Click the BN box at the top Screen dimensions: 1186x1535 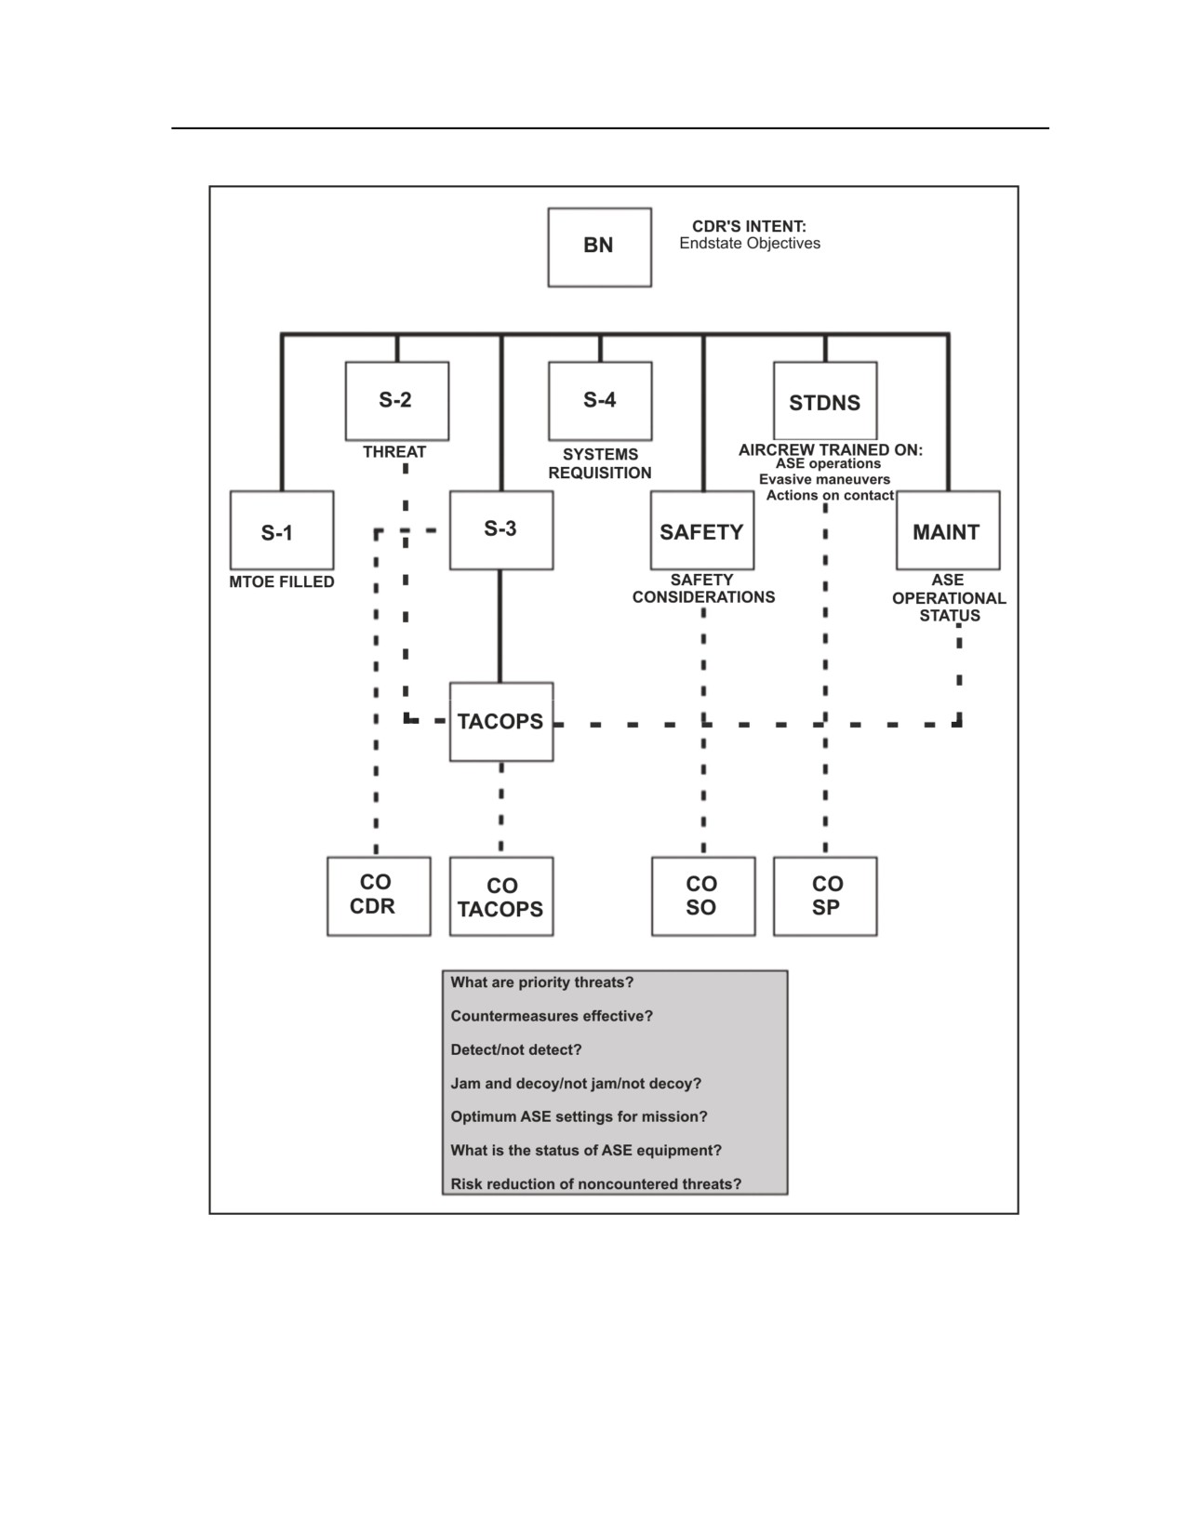[x=599, y=247]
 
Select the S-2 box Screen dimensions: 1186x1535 [x=397, y=401]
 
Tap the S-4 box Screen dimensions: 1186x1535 [x=600, y=401]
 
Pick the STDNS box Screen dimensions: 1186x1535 [x=825, y=401]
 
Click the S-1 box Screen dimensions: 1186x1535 [x=282, y=530]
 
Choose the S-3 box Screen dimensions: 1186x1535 [x=501, y=530]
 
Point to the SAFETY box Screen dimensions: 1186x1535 [x=702, y=530]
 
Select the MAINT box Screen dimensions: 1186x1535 [x=948, y=530]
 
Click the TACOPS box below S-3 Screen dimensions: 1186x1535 [x=501, y=722]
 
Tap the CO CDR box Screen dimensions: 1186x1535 [x=379, y=897]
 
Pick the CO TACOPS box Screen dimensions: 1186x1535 [x=501, y=897]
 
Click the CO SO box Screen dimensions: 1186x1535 [x=703, y=897]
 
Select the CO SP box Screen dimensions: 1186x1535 [x=825, y=897]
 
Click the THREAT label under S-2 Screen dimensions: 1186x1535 [x=394, y=452]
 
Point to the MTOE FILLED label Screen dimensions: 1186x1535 [x=282, y=582]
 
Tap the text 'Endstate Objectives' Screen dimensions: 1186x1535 [x=750, y=244]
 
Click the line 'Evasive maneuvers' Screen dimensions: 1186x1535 [x=824, y=480]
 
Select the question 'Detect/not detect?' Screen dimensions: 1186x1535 [x=516, y=1049]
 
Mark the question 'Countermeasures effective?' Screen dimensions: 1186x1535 [x=552, y=1016]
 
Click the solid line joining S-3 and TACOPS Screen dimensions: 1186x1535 [x=500, y=626]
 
